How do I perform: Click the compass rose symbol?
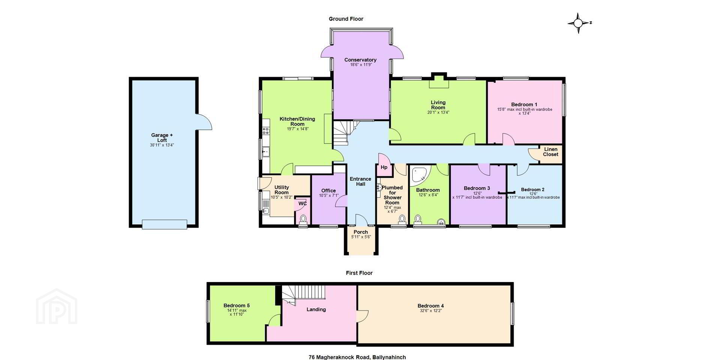coord(578,23)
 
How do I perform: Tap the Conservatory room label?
coord(360,60)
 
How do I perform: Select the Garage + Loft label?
coord(162,138)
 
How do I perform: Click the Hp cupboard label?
coord(384,167)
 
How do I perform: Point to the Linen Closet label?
coord(550,152)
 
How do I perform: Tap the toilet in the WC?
coord(303,219)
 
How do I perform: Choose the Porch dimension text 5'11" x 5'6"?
coord(361,237)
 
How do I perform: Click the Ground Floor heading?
coord(346,19)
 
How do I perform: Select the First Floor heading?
coord(359,273)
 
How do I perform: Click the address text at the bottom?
coord(357,357)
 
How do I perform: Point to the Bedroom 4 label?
coord(431,306)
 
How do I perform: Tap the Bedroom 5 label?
coord(237,306)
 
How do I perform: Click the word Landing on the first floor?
coord(316,309)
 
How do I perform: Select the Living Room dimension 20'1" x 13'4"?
coord(438,112)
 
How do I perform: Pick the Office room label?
coord(328,190)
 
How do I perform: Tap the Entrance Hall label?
coord(360,181)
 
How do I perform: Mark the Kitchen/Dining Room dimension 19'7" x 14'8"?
coord(297,129)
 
